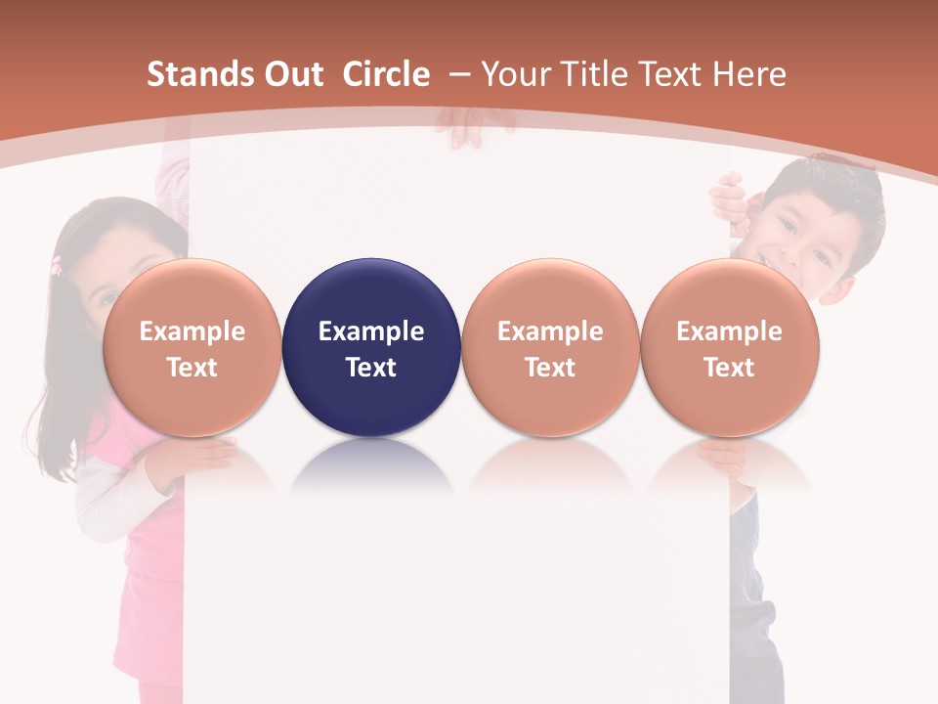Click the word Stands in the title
(189, 74)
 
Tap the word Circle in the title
(386, 74)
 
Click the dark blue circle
(371, 347)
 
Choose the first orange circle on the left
(192, 347)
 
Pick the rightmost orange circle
(730, 347)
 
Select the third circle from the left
(550, 347)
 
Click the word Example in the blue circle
(371, 331)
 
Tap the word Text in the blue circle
(371, 368)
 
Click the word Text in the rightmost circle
(730, 368)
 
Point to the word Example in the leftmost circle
(192, 331)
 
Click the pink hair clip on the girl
(57, 264)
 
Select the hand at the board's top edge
(474, 127)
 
